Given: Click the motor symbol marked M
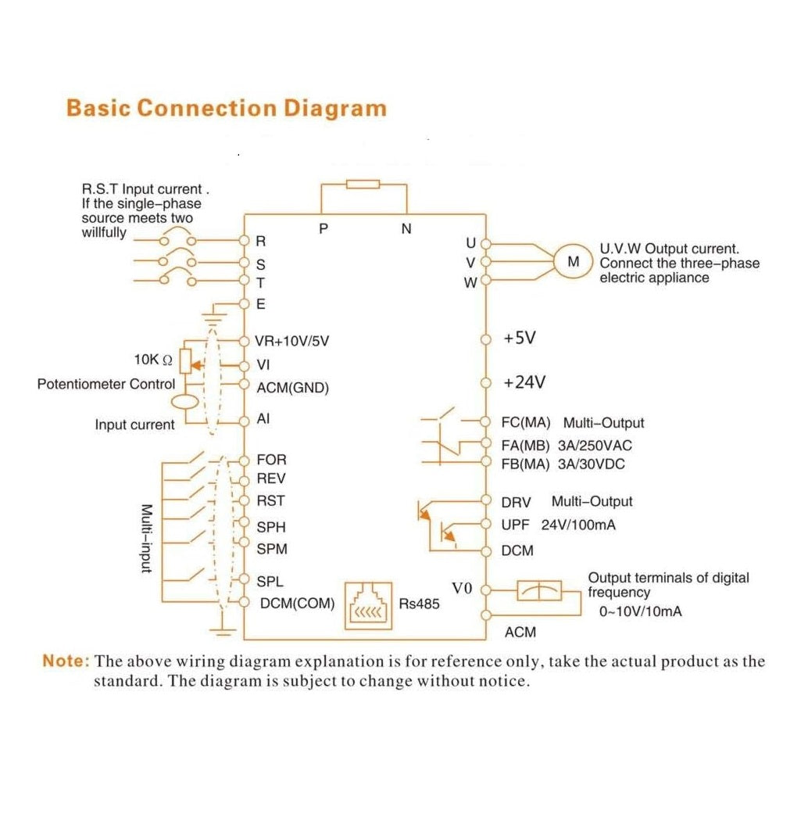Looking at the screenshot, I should [x=574, y=262].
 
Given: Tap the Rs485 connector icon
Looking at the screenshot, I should [x=368, y=606].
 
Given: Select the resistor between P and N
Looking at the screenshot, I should [x=363, y=185].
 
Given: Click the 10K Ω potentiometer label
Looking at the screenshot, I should [x=152, y=360].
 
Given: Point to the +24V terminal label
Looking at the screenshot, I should [x=524, y=383].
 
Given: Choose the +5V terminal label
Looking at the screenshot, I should [x=519, y=339].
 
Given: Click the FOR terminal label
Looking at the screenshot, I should [x=271, y=460].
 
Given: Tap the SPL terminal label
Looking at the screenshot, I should [x=270, y=582].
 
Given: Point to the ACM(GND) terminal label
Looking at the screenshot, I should [x=293, y=388].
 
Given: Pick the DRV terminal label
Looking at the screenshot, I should [x=517, y=502].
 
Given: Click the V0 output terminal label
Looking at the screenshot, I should [x=463, y=587].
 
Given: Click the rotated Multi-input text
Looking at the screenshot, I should [x=145, y=538].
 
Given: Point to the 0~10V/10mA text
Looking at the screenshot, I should [x=640, y=611].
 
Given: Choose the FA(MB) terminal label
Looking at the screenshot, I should [x=526, y=446].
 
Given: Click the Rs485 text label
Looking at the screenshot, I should [x=420, y=604].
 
